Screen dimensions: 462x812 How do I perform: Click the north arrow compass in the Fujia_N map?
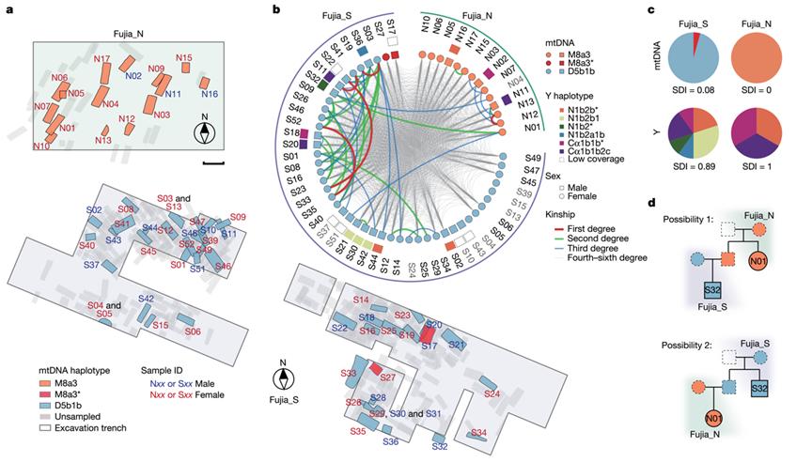coord(204,132)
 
